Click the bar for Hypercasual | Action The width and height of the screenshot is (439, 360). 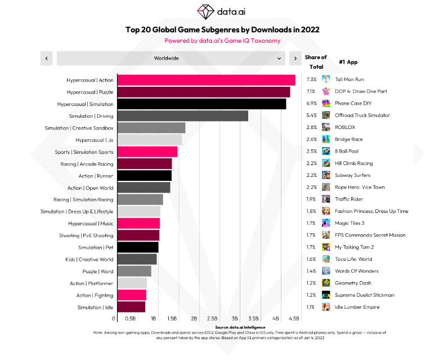206,80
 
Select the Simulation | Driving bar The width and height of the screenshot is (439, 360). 182,116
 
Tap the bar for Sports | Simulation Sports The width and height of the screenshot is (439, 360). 147,152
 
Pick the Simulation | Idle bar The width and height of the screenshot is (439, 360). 131,307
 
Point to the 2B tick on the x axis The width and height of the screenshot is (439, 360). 194,319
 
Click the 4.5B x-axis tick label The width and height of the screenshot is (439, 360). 293,319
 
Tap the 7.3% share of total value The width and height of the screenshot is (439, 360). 311,79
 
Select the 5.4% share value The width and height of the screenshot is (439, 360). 311,115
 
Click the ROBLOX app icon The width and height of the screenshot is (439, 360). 326,127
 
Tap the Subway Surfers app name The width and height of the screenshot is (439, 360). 352,175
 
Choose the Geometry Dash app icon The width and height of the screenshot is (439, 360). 326,283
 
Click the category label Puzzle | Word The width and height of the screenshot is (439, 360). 98,272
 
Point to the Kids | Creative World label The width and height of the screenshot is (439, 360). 89,260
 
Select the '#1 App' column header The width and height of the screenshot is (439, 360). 348,62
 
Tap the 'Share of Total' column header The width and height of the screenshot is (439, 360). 316,62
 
